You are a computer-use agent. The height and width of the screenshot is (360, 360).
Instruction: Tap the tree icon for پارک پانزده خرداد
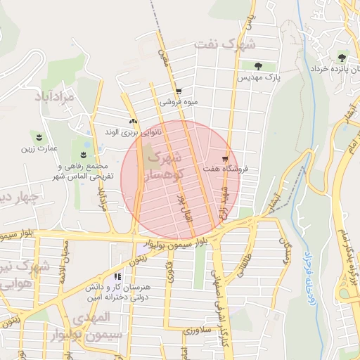pos(342,58)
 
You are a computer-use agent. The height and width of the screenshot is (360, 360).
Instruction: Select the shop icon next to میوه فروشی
pos(179,91)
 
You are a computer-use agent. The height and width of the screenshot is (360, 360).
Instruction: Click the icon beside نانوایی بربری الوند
pos(133,122)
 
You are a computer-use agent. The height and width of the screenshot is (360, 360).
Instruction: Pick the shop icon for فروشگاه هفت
pos(225,158)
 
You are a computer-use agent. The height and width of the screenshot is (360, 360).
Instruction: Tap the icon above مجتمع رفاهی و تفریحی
pos(84,155)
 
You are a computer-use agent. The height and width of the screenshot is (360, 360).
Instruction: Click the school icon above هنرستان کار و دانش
pos(117,277)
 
